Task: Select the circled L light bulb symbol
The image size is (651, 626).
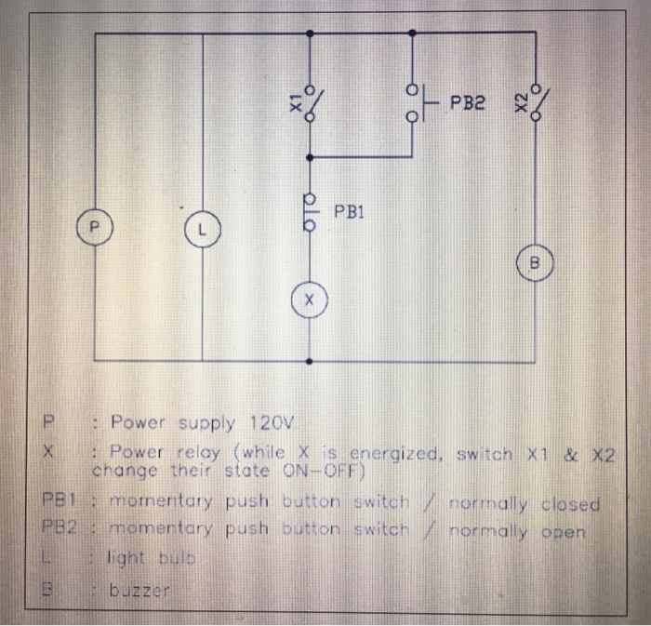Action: pos(201,227)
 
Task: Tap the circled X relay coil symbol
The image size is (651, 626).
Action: pos(309,300)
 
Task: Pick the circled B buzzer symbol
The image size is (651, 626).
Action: pos(535,263)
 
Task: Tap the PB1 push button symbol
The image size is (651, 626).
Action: pos(311,211)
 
